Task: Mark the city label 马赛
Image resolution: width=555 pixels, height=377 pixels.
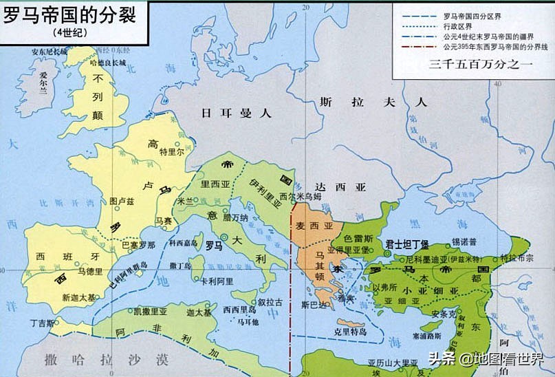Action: (163, 221)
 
